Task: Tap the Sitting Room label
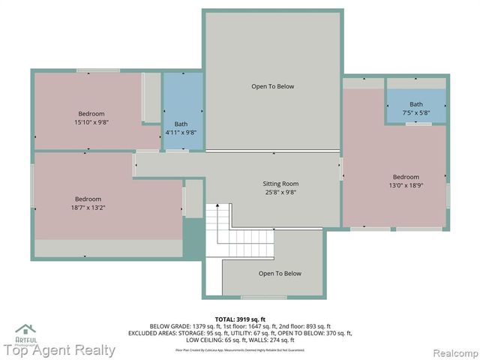point(280,184)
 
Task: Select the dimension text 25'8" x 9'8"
point(280,192)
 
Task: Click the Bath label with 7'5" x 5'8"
point(415,104)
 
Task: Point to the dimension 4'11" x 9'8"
point(181,133)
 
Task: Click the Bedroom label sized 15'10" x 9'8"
point(90,113)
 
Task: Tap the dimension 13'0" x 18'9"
point(406,186)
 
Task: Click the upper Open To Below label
point(272,86)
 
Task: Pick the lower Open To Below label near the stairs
point(280,274)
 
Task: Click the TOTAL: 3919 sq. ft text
point(240,319)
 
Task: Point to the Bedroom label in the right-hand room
point(406,178)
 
